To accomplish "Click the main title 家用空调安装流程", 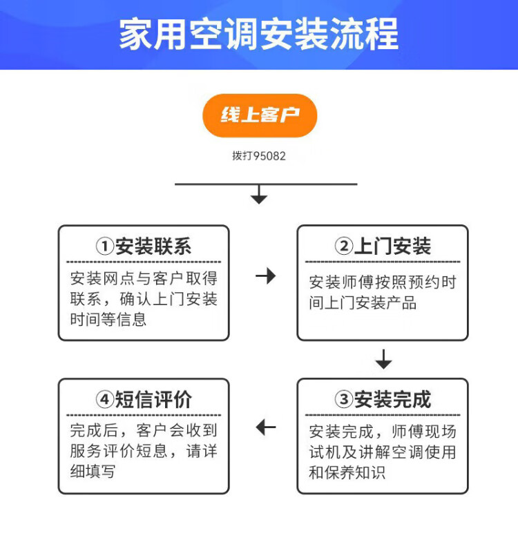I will coord(259,35).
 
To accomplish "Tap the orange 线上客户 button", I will coord(259,115).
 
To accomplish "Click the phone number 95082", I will coord(269,156).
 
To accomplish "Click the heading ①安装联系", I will coord(144,247).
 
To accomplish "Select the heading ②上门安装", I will coord(383,247).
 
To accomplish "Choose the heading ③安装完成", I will coord(383,399).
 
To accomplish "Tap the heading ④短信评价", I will coord(144,399).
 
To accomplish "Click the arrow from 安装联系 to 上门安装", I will coord(265,276).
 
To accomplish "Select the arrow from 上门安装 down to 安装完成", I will coord(383,360).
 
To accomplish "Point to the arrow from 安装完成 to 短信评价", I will coord(265,427).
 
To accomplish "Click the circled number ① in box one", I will coord(104,247).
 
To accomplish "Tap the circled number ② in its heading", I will coord(343,247).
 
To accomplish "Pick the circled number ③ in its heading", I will coord(343,400).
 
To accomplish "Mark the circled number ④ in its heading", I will coord(104,400).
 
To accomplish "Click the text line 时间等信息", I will coord(108,320).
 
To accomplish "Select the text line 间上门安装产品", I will coord(363,303).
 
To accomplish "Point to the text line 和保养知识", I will coord(347,473).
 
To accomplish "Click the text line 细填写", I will coord(93,472).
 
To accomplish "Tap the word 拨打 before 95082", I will coord(242,156).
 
